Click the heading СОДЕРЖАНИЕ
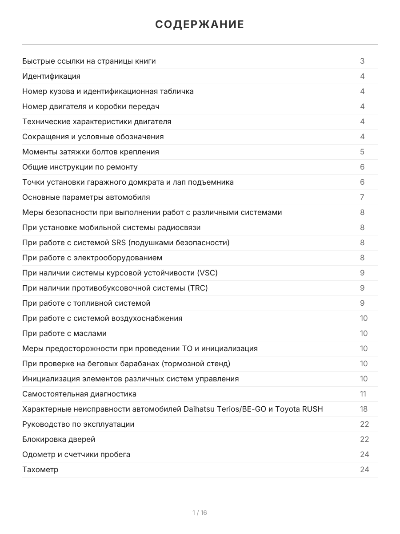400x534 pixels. pyautogui.click(x=200, y=24)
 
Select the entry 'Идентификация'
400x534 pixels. pyautogui.click(x=52, y=76)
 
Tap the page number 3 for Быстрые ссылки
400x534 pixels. pyautogui.click(x=362, y=61)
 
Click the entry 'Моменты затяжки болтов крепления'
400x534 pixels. pyautogui.click(x=91, y=152)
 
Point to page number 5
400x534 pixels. pyautogui.click(x=362, y=152)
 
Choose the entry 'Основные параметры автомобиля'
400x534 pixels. pyautogui.click(x=86, y=197)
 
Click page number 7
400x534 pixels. pyautogui.click(x=362, y=197)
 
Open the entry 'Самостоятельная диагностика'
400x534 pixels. pyautogui.click(x=80, y=394)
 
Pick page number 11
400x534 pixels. pyautogui.click(x=363, y=394)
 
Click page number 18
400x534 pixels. pyautogui.click(x=364, y=409)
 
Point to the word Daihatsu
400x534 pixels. pyautogui.click(x=200, y=409)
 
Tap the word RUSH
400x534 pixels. pyautogui.click(x=312, y=409)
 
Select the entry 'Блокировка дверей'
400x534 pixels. pyautogui.click(x=59, y=439)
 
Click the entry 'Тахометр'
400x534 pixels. pyautogui.click(x=40, y=469)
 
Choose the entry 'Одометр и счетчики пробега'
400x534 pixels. pyautogui.click(x=76, y=454)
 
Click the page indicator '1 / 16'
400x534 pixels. pyautogui.click(x=200, y=513)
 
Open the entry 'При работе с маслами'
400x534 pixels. pyautogui.click(x=64, y=333)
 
